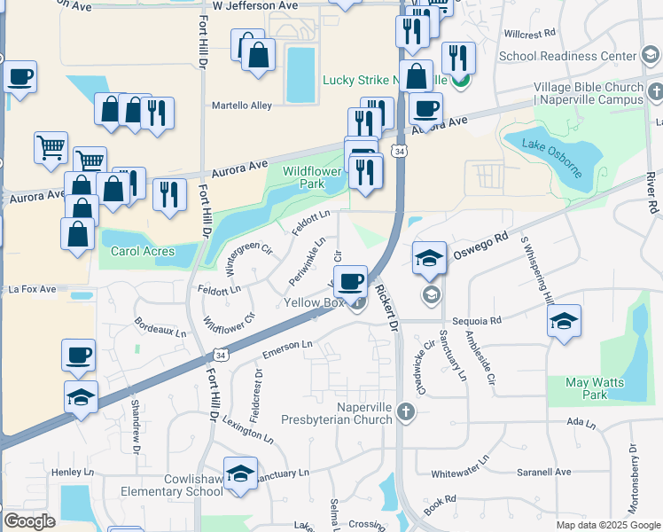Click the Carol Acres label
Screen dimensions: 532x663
(141, 251)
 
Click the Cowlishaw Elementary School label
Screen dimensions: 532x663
(181, 485)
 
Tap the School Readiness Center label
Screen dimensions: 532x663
(568, 56)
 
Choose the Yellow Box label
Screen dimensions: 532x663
(314, 302)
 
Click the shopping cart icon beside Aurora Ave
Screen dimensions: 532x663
(51, 148)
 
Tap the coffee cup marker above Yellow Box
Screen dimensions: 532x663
(351, 282)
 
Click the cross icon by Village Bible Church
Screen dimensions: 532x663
(656, 91)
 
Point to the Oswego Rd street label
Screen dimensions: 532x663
(488, 239)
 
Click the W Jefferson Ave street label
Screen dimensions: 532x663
(254, 5)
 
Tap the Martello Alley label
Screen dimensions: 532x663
(241, 106)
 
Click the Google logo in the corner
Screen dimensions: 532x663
(29, 521)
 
